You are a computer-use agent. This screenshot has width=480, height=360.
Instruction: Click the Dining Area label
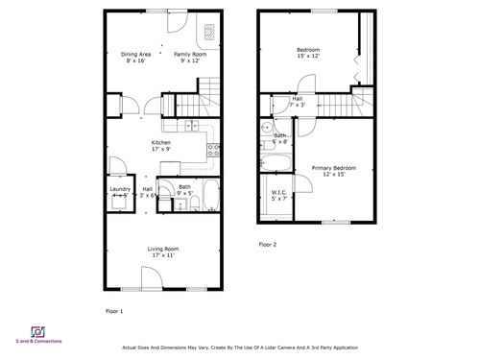click(x=134, y=58)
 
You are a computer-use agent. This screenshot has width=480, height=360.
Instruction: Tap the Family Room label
click(x=185, y=58)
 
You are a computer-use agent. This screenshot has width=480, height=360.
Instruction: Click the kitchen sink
click(x=191, y=125)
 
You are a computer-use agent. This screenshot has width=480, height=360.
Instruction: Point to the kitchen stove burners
click(x=214, y=150)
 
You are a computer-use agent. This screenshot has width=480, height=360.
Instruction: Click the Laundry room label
click(x=120, y=192)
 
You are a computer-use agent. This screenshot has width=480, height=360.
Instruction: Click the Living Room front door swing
click(x=151, y=278)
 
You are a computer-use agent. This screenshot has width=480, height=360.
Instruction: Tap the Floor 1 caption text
click(x=113, y=311)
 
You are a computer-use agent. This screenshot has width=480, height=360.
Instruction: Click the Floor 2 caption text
click(x=267, y=245)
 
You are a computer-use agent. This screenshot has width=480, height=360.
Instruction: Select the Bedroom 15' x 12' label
click(x=308, y=52)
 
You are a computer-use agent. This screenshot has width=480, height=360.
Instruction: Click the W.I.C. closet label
click(x=278, y=195)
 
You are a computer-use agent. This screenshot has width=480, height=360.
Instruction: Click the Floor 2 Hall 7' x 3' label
click(x=298, y=101)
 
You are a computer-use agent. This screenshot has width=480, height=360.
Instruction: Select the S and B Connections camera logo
click(x=39, y=331)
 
